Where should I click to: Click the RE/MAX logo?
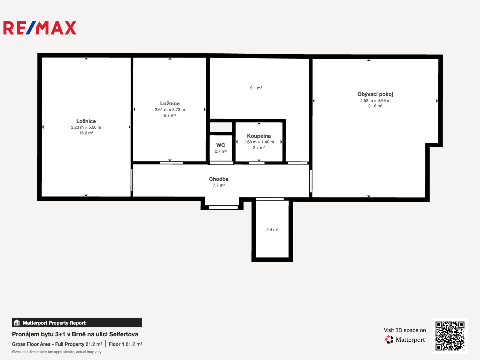point(40,28)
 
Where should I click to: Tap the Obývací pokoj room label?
point(375,94)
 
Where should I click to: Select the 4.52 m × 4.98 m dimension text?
point(375,101)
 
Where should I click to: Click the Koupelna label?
point(259,136)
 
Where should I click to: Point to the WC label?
point(220,145)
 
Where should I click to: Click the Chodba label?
point(219,179)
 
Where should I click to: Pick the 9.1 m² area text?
point(256,88)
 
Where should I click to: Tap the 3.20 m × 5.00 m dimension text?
point(86,127)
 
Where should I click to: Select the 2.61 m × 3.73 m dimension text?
point(170,110)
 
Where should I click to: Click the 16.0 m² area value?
point(86,133)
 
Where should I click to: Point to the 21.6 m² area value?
point(375,106)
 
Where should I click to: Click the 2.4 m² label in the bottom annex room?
point(272,230)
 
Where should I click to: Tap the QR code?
point(450,336)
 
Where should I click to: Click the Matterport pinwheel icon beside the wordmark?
point(389,339)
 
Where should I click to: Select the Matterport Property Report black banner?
point(77,323)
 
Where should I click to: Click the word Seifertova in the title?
point(124,334)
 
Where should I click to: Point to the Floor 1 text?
point(116,344)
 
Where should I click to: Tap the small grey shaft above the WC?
point(221,127)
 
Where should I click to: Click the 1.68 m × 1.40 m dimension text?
point(259,142)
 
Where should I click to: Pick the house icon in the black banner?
point(17,323)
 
